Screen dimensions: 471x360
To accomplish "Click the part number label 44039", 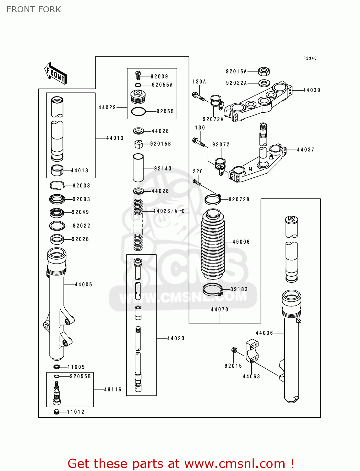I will [x=312, y=90].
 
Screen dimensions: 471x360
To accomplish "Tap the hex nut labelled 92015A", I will [x=264, y=72].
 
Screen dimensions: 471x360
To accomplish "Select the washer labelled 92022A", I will [x=264, y=83].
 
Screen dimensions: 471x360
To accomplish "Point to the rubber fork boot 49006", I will [x=213, y=244].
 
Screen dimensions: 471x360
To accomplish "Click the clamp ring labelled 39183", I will [x=212, y=290].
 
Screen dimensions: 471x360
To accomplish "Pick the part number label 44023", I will [x=176, y=338].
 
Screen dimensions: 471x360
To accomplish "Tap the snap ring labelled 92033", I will [x=57, y=186].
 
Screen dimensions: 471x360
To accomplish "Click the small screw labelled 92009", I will [x=139, y=76].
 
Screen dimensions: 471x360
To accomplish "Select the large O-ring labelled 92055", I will [x=138, y=111].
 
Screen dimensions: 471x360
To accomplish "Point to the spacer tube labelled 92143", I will [x=138, y=168].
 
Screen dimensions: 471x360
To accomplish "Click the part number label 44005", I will [x=84, y=284].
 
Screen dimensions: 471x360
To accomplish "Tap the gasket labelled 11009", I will [x=57, y=367].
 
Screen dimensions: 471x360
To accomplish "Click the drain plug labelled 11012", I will [x=57, y=412].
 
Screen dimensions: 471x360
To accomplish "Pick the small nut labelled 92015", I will [x=234, y=350].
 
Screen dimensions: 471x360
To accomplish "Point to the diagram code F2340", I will [x=310, y=58].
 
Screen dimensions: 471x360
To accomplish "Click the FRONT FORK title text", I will [x=34, y=9].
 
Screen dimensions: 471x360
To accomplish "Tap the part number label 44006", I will [x=264, y=333].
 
